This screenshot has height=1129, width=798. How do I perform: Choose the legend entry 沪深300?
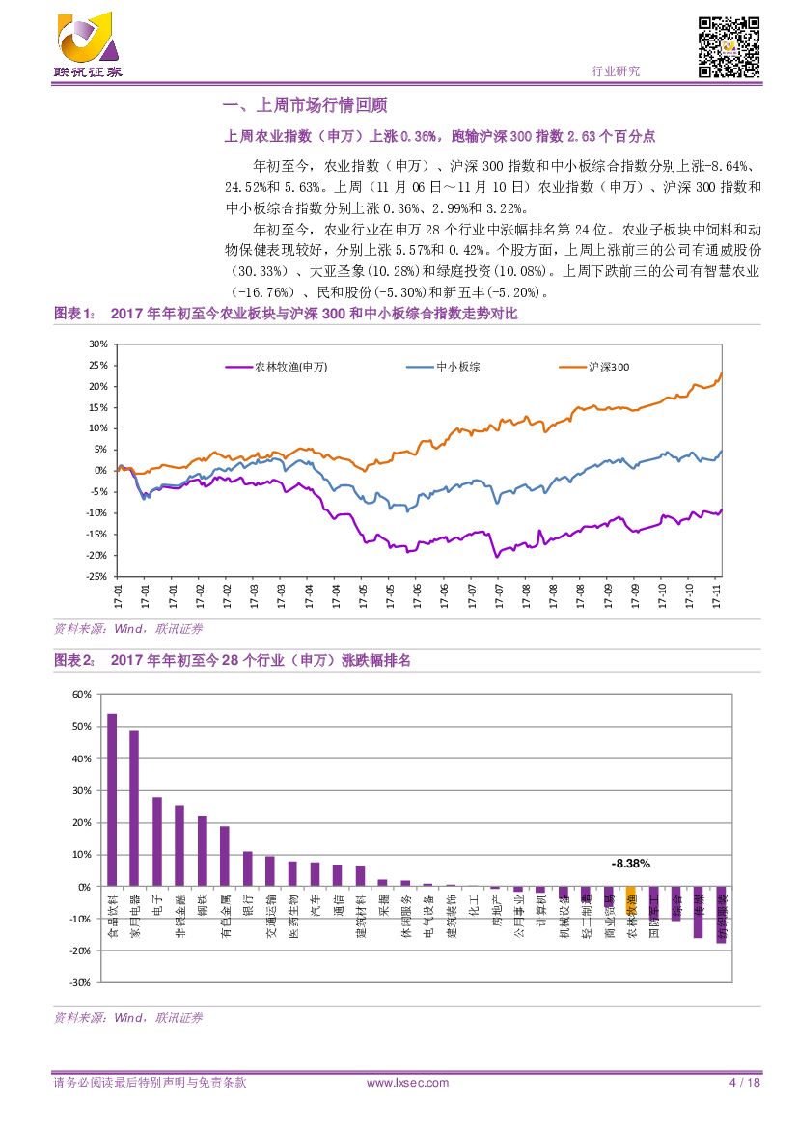[x=610, y=367]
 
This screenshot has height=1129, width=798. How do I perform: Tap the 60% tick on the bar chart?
[x=81, y=695]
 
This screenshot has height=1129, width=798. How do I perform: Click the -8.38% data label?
[x=631, y=864]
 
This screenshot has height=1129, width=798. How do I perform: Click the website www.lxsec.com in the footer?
[x=408, y=1083]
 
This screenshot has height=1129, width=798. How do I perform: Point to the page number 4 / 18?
[x=744, y=1083]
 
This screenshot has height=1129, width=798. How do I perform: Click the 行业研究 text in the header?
[x=615, y=71]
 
